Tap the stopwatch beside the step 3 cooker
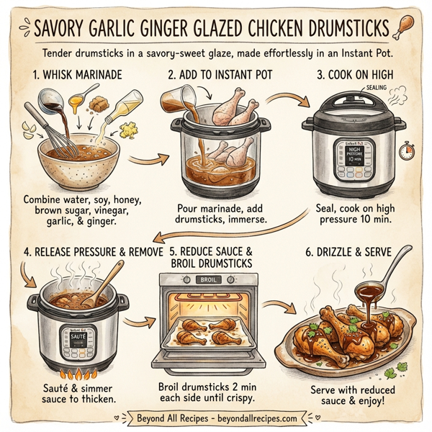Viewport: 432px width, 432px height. tap(407, 153)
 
